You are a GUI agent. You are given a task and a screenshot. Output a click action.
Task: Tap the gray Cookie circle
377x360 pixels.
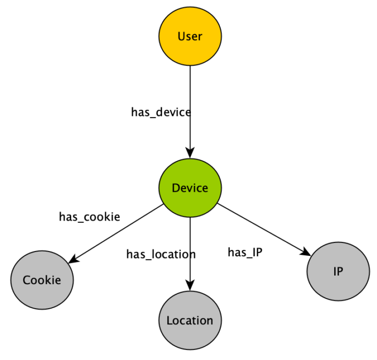[42, 280]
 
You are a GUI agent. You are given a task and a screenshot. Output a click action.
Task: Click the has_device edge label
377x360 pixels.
[160, 112]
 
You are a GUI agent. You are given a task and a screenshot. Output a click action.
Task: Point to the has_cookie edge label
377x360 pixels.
[89, 217]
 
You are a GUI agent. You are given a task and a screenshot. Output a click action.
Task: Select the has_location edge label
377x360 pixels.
[160, 254]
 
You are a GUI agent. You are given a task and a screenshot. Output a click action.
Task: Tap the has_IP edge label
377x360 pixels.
[245, 253]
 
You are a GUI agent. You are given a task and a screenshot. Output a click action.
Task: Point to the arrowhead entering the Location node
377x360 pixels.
[190, 286]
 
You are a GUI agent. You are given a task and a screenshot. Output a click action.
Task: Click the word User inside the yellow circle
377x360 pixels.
[190, 36]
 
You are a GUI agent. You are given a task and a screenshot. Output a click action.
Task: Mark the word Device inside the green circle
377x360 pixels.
[190, 188]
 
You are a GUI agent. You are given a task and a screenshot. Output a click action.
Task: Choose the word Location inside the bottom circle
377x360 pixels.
[190, 320]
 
